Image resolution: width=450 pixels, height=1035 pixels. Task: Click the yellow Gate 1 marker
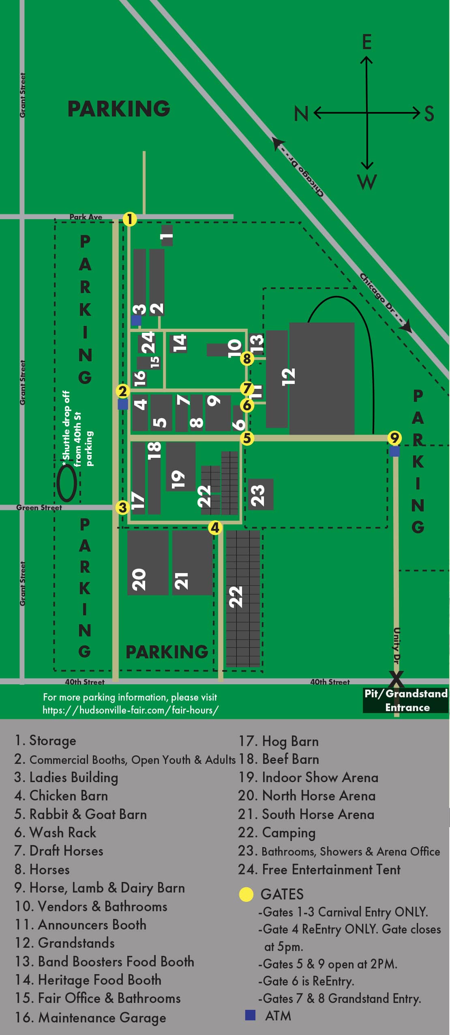[129, 219]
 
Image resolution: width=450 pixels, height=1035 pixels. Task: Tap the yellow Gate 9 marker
[394, 438]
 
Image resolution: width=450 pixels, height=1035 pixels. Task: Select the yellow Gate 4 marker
[215, 528]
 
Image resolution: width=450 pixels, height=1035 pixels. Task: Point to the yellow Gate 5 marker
[246, 438]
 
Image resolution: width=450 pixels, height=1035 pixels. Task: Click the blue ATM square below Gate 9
[394, 451]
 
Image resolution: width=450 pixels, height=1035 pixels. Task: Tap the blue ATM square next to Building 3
[136, 321]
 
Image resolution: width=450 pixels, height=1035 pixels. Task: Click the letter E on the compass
[366, 42]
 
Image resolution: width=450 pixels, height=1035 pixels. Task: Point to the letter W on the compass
[367, 182]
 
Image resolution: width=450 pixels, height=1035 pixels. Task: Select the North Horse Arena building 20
[148, 563]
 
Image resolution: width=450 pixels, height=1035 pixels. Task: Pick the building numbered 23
[261, 494]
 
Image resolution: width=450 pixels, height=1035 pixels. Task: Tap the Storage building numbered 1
[167, 235]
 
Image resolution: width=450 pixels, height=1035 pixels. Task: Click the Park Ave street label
[86, 217]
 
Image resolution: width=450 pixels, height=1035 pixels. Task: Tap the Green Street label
[39, 507]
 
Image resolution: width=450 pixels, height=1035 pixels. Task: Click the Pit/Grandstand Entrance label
[406, 700]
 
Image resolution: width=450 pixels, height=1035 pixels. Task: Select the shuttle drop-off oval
[66, 483]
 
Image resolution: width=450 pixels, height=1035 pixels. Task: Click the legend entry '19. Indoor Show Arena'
[308, 777]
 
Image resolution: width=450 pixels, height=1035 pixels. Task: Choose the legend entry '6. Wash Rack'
[55, 832]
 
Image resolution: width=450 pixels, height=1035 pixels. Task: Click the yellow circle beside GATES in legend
[246, 894]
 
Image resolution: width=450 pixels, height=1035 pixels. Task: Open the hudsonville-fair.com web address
[131, 710]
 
